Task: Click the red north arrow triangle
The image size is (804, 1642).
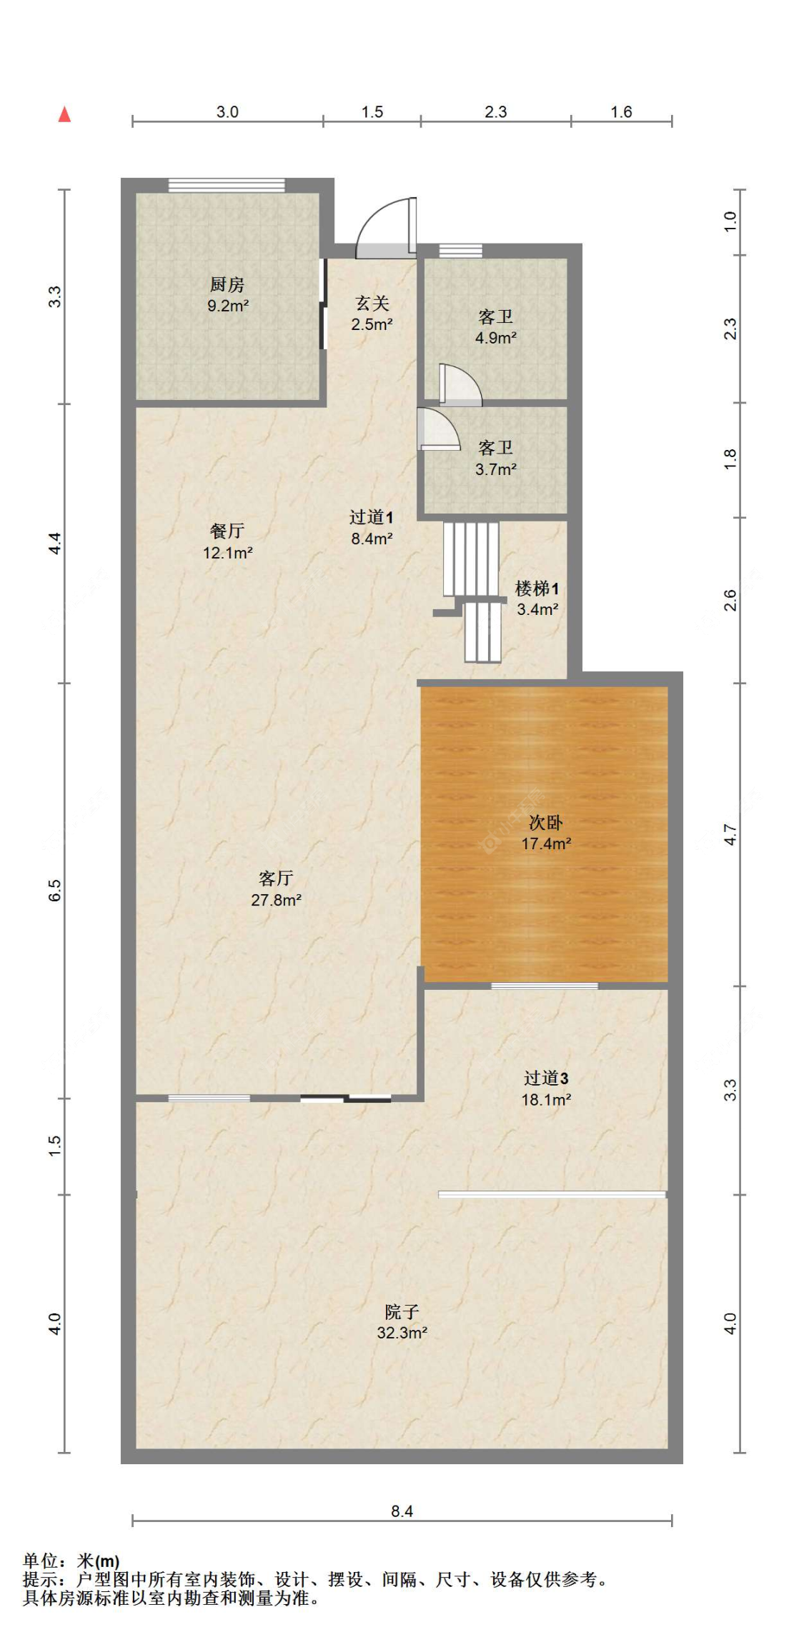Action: [64, 114]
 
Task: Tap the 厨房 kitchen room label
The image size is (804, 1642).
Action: [227, 284]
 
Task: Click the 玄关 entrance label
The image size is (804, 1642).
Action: [372, 304]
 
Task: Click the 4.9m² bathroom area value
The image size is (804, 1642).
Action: [495, 338]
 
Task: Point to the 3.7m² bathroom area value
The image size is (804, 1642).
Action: [495, 469]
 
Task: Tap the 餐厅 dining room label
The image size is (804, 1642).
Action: [227, 531]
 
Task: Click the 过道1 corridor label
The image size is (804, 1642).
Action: [371, 517]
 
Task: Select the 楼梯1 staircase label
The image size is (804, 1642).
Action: [537, 589]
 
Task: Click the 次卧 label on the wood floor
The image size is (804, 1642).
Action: [545, 823]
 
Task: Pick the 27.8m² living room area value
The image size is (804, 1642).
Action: [276, 900]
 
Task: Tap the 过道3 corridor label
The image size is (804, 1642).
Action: [545, 1078]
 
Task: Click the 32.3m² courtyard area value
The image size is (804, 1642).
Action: [402, 1333]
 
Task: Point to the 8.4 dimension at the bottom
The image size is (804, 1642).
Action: [402, 1511]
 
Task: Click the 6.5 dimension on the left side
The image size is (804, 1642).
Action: [55, 890]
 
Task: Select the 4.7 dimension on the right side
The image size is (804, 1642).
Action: [730, 834]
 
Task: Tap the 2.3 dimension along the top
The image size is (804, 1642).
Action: [495, 112]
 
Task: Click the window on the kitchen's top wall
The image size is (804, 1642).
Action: [227, 186]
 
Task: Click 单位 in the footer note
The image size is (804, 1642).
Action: [40, 1561]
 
